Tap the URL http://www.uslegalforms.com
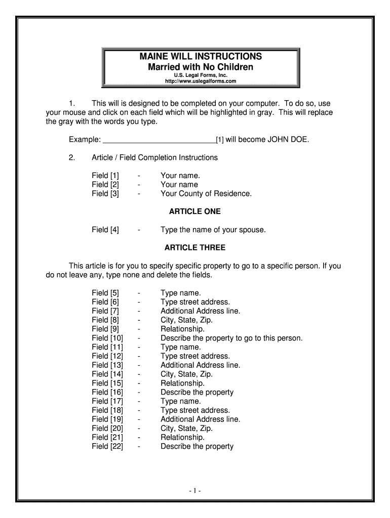click(x=201, y=81)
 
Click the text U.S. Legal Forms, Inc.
click(x=201, y=75)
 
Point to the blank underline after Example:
click(x=159, y=139)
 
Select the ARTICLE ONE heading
click(x=195, y=211)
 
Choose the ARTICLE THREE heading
click(x=195, y=248)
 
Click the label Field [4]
click(x=105, y=230)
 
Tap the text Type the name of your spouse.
click(x=213, y=230)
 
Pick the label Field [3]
click(x=105, y=193)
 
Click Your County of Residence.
click(x=206, y=193)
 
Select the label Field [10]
click(x=107, y=338)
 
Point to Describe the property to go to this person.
click(x=231, y=338)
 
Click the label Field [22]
click(x=107, y=446)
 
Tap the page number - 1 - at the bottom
click(x=195, y=491)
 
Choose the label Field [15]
click(x=107, y=383)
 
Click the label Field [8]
click(x=105, y=320)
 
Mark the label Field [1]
click(x=105, y=176)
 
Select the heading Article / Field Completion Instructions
click(x=154, y=157)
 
